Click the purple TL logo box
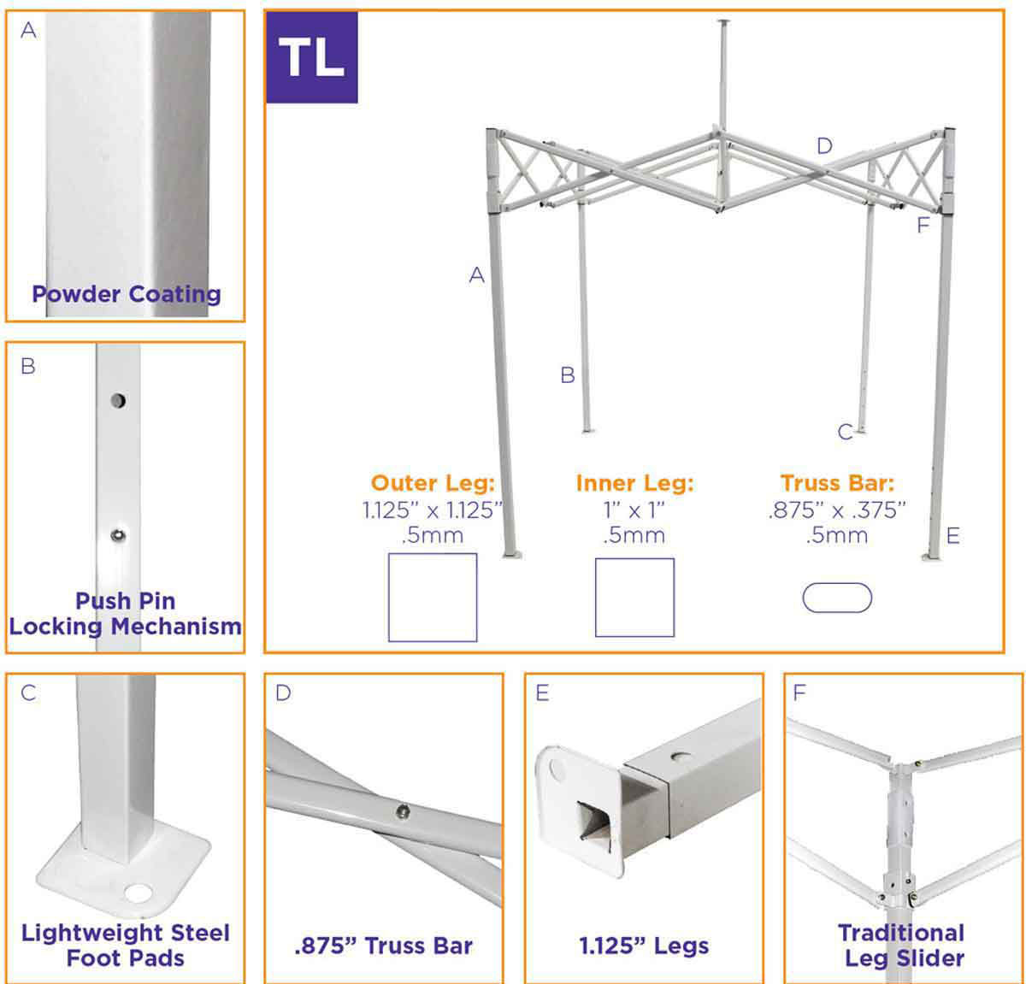click(x=311, y=57)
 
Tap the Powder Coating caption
click(x=127, y=294)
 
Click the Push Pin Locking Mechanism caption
click(x=126, y=614)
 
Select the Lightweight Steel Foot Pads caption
click(x=126, y=945)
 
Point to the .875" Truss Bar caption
click(x=383, y=946)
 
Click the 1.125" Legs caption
click(x=644, y=946)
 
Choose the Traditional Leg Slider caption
click(x=901, y=946)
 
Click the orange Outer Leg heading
click(x=433, y=483)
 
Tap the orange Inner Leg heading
click(x=634, y=483)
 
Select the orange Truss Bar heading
click(x=837, y=483)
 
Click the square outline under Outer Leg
click(x=433, y=597)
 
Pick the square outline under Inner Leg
click(x=634, y=598)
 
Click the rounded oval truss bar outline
click(x=837, y=598)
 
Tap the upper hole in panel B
click(x=118, y=399)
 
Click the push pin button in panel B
click(x=118, y=536)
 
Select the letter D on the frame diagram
click(x=824, y=146)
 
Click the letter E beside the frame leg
click(x=953, y=536)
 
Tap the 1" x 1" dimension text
click(x=634, y=510)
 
